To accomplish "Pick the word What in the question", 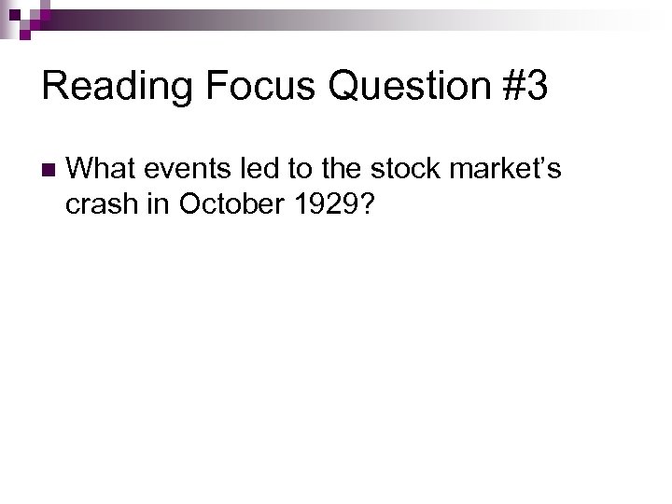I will click(x=101, y=169).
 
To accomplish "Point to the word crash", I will click(x=102, y=204).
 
